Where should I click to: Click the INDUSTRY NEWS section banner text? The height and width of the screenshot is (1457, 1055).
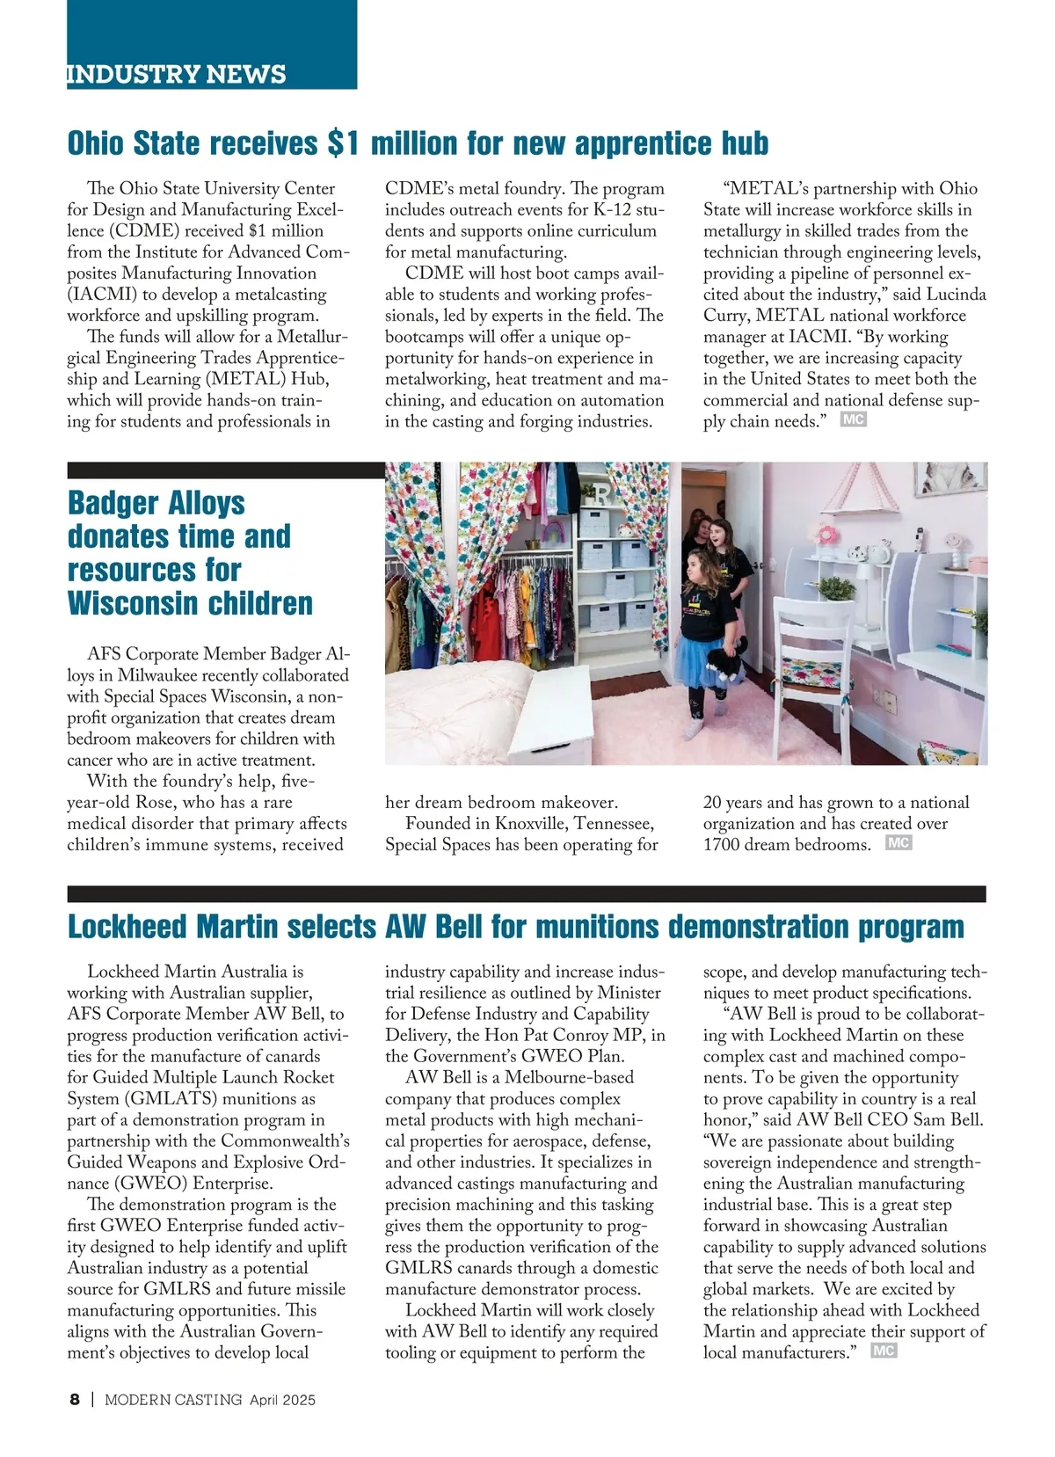click(x=177, y=74)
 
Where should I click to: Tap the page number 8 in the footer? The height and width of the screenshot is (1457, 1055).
click(x=75, y=1400)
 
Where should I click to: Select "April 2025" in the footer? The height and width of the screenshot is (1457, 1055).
click(x=282, y=1400)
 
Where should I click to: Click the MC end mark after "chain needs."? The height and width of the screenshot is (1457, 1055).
click(x=854, y=420)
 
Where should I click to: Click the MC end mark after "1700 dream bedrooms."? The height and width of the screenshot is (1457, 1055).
click(x=899, y=843)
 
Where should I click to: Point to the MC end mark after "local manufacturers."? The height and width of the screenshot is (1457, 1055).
click(x=884, y=1351)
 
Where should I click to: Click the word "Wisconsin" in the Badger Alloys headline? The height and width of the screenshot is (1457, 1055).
click(x=191, y=603)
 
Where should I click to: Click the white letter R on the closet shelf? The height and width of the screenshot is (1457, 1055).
click(x=600, y=495)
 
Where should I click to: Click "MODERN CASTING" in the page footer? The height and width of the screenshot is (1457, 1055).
click(x=173, y=1400)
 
